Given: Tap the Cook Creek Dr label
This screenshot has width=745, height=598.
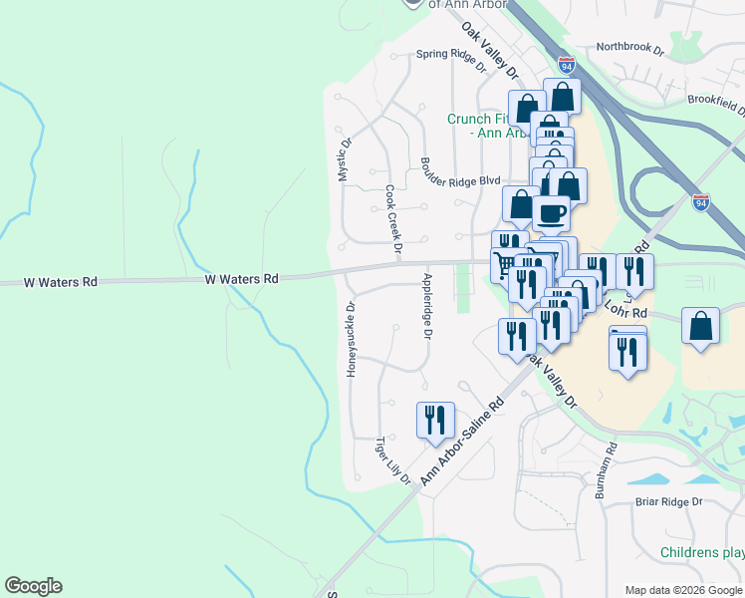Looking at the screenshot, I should coord(392,218).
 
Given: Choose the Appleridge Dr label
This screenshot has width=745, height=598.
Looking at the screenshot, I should coord(427,307).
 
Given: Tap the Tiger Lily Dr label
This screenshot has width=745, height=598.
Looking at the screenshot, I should coord(392,460).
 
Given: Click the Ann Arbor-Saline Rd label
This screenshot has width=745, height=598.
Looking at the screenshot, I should coord(462,437).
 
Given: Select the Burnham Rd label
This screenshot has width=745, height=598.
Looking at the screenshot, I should coord(607,470).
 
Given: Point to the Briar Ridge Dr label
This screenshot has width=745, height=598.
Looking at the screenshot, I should coord(669,502).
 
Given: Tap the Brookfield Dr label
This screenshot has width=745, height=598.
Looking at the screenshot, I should coord(716,102).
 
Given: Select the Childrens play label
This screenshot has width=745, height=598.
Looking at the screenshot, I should coord(702,552).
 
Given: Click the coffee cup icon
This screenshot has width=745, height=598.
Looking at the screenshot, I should coord(551,212).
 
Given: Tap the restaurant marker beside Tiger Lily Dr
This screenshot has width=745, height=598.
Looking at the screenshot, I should coord(435,420).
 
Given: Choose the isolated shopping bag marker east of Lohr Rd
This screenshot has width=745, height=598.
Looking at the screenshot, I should coord(701,326).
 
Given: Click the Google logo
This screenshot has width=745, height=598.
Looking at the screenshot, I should coord(33,586).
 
